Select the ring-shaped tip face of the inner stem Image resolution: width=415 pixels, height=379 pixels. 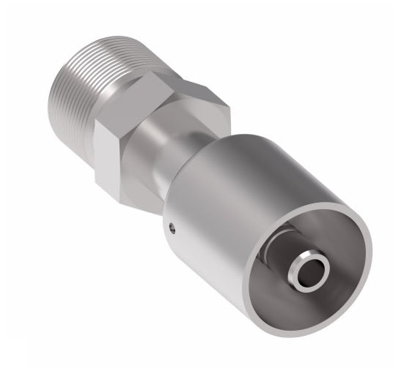301,263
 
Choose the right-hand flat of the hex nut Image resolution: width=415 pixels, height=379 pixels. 213,110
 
